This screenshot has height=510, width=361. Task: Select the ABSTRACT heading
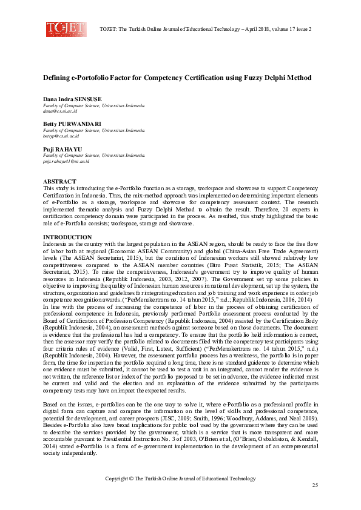pos(59,182)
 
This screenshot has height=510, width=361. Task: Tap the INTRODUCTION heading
pos(67,237)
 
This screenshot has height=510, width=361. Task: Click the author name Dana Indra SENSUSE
pos(72,99)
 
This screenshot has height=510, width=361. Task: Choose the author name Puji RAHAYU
pos(62,149)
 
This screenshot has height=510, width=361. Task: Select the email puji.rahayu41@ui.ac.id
pos(67,162)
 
